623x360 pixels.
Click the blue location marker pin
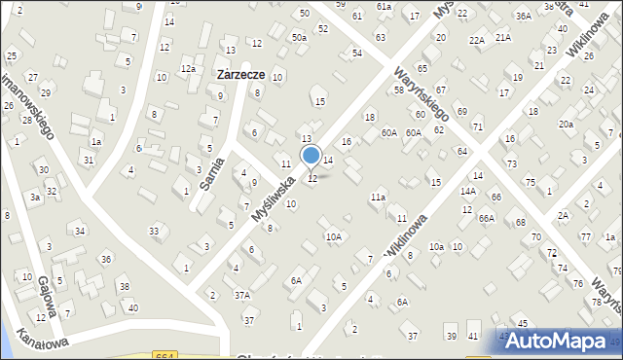311,156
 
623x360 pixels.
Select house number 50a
298,37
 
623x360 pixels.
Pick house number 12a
188,68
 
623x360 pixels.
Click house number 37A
242,294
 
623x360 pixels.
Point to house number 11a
378,198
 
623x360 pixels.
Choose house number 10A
334,236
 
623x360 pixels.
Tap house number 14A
468,192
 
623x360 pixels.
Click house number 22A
476,40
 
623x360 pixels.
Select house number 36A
524,16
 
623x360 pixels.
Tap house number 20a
566,124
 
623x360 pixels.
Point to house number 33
154,231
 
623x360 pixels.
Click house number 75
530,182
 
